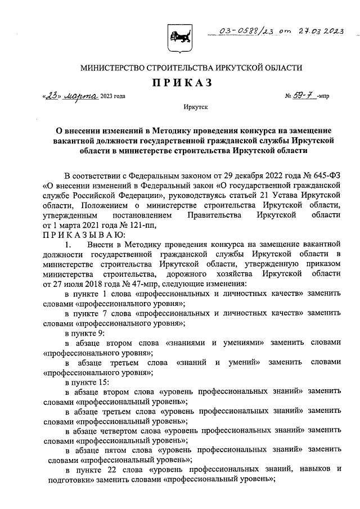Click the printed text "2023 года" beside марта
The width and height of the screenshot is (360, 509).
click(x=113, y=96)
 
